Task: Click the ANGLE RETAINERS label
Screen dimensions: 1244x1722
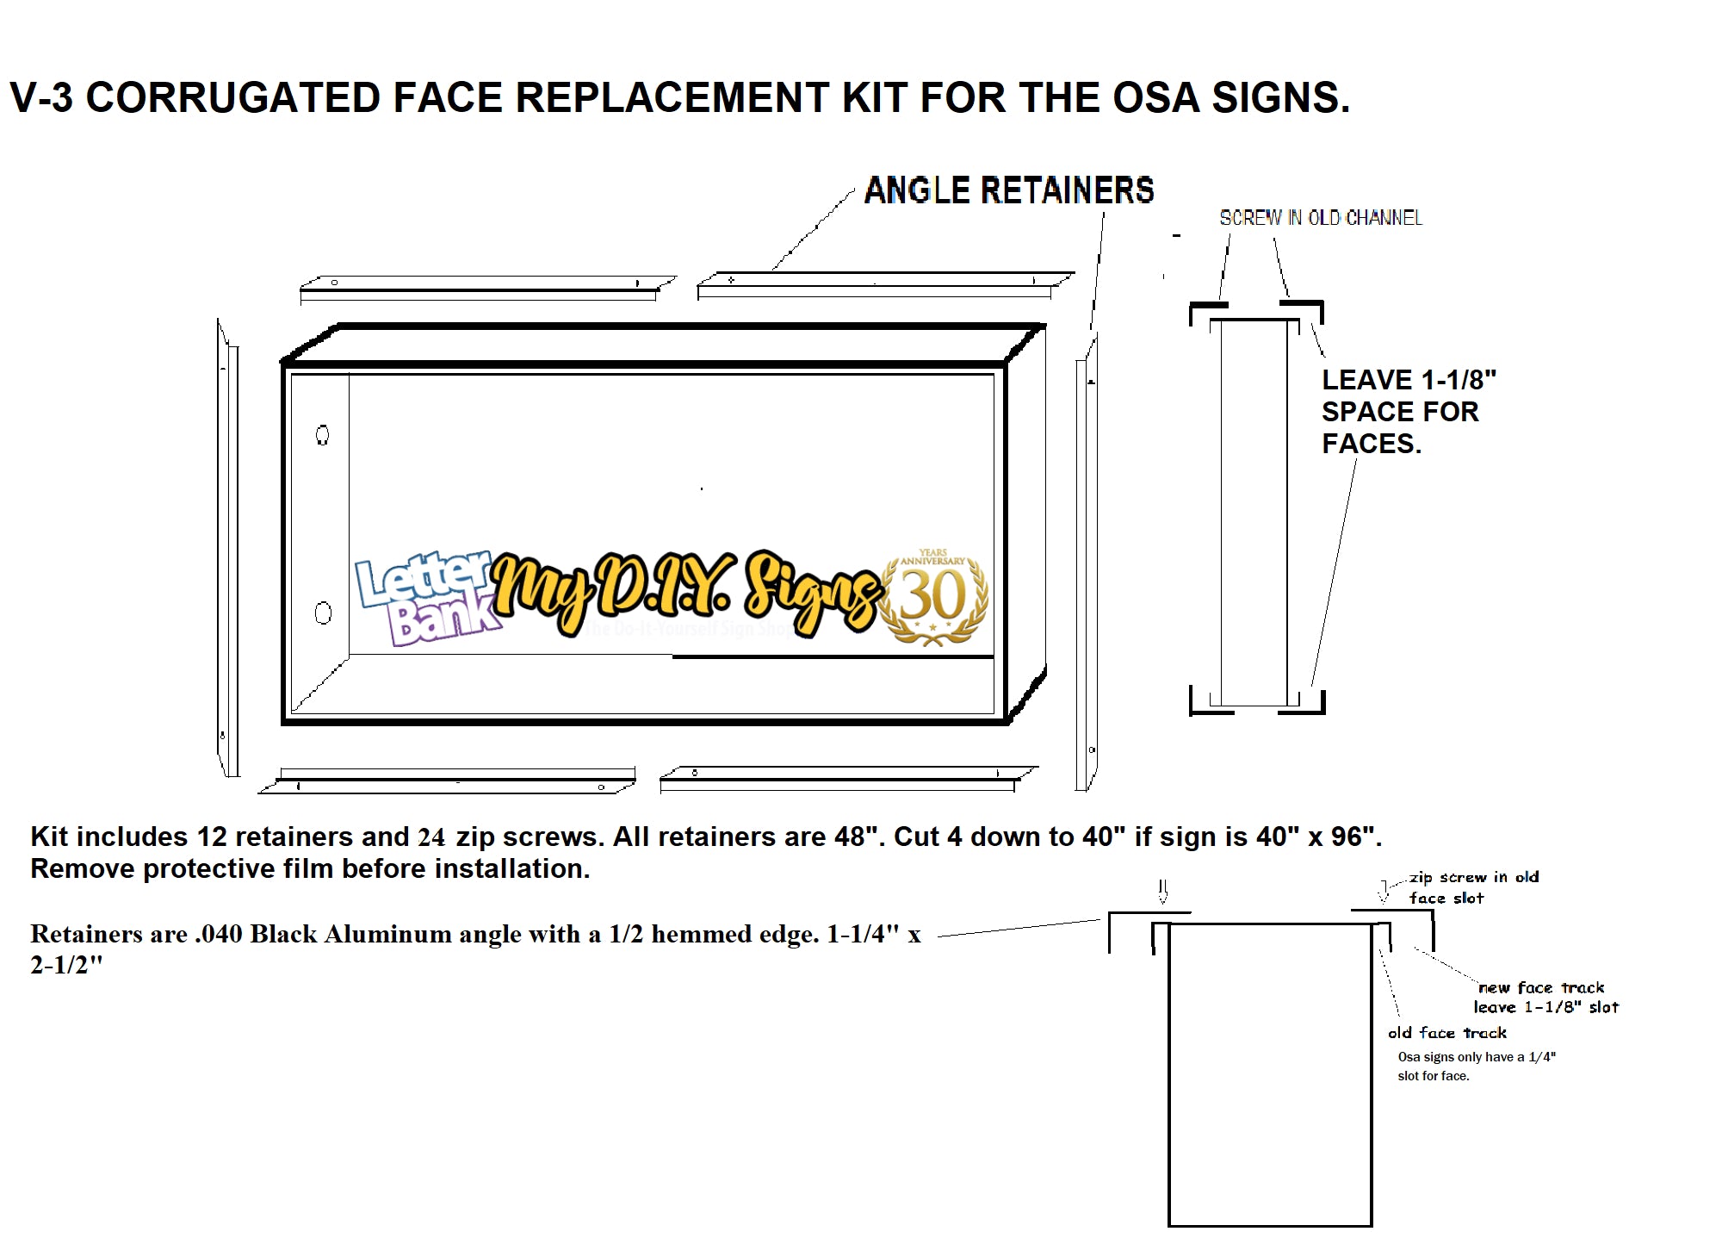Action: (x=1008, y=190)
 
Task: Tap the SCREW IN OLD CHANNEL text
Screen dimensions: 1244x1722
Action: (x=1321, y=218)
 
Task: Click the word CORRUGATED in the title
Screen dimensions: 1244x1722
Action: (x=232, y=97)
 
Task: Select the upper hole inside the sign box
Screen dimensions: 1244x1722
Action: (x=323, y=435)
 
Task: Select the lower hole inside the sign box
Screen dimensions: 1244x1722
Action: (x=323, y=613)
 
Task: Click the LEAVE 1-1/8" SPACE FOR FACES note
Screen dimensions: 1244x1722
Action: (x=1407, y=412)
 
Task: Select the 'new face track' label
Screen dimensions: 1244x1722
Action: (x=1541, y=987)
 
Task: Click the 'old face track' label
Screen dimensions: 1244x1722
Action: (x=1447, y=1033)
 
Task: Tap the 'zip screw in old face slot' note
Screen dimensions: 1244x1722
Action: (x=1473, y=887)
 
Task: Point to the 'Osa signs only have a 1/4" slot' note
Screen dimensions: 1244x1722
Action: (x=1476, y=1066)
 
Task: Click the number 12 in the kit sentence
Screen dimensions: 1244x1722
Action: (x=212, y=837)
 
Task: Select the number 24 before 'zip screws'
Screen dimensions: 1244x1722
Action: (x=431, y=837)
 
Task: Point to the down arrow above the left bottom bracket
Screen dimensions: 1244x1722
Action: (x=1163, y=891)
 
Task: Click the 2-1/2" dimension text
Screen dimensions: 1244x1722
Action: (x=66, y=965)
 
